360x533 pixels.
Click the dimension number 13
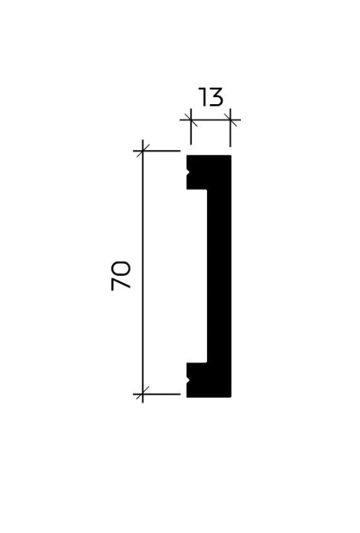(x=210, y=97)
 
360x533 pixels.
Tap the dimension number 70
(x=120, y=275)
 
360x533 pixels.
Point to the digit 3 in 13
(x=216, y=97)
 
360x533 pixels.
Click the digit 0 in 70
(x=120, y=268)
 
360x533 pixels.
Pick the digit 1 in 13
(x=202, y=97)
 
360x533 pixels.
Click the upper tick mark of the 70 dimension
(x=142, y=150)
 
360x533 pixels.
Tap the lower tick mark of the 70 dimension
(x=142, y=394)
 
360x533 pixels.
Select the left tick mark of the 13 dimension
(x=191, y=120)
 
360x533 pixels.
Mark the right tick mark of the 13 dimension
(x=230, y=120)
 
